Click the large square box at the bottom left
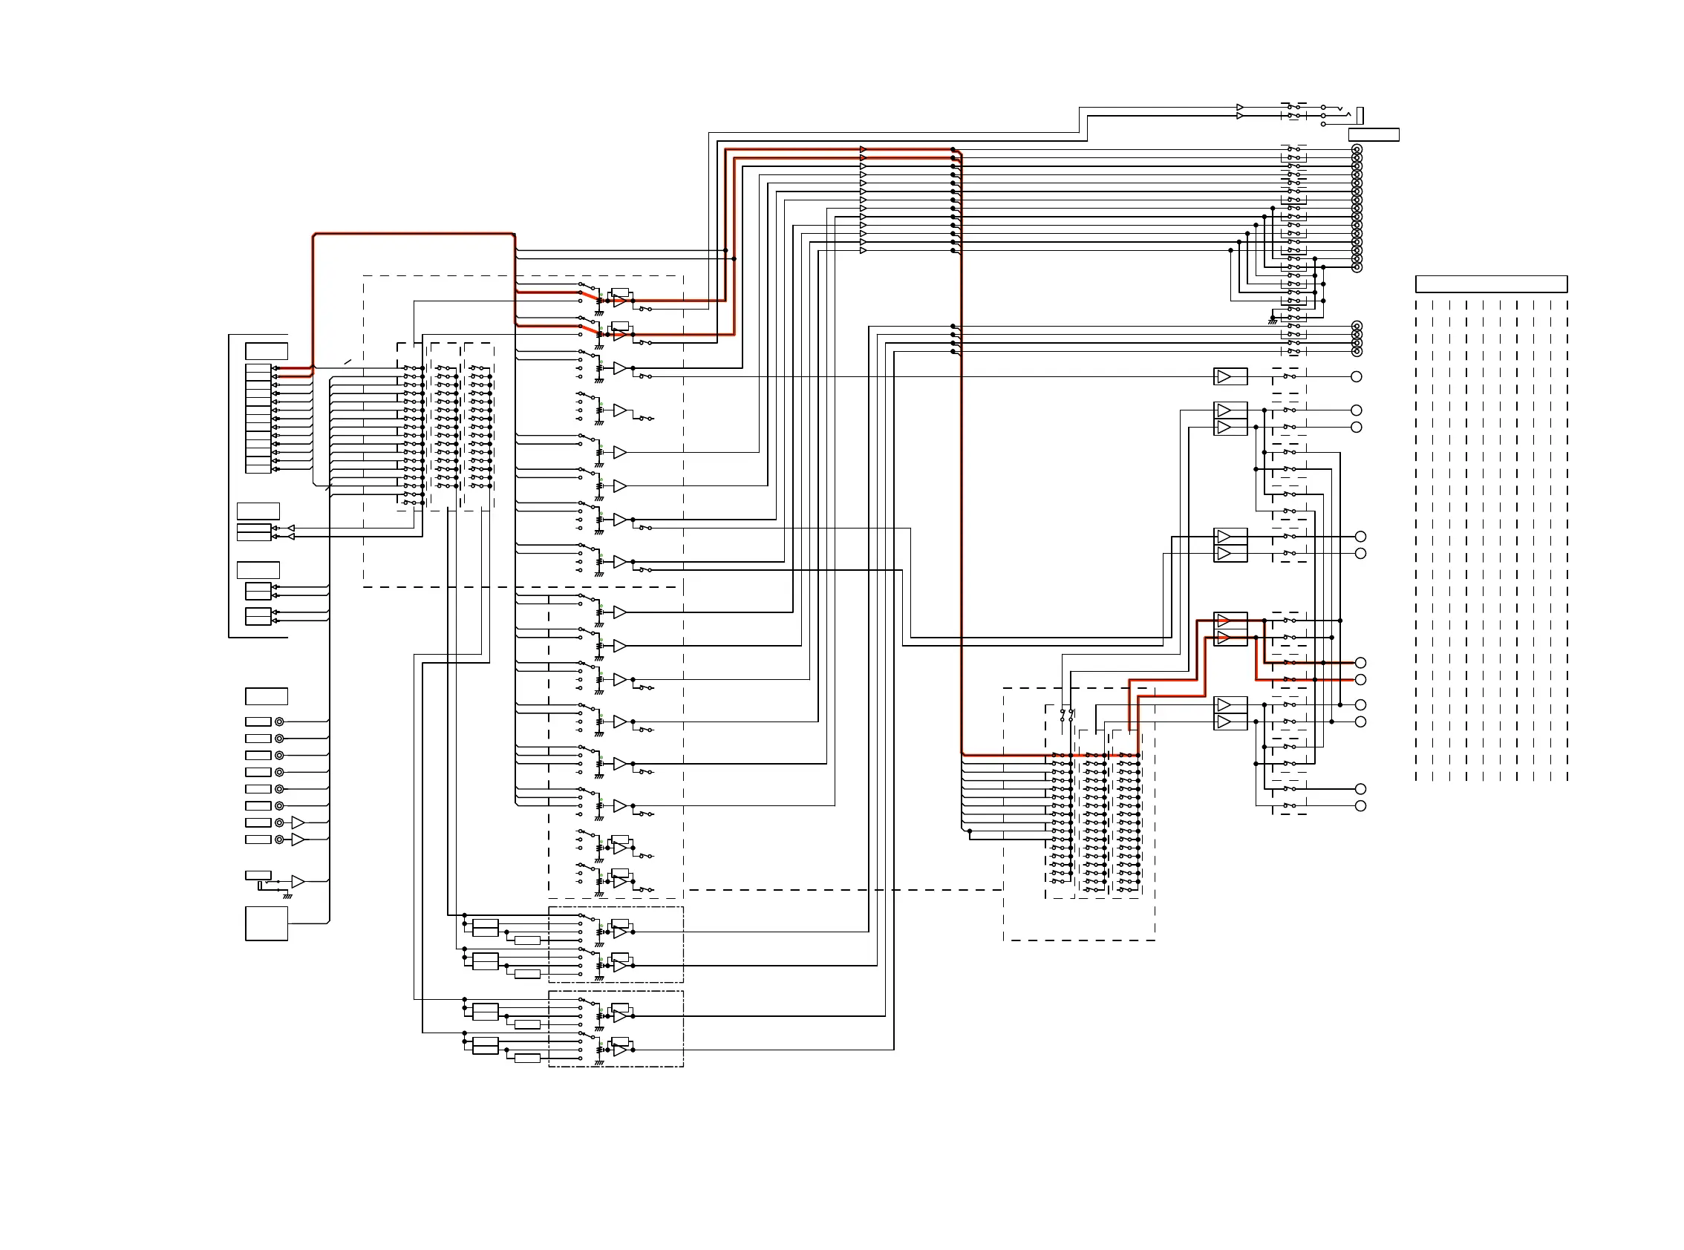coord(266,923)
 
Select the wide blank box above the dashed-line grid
coord(1490,284)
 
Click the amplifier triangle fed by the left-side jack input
coord(298,882)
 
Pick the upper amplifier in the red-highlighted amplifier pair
coord(1224,621)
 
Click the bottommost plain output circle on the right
coord(1360,806)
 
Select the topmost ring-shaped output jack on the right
coord(1357,150)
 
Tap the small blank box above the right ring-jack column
coord(1373,134)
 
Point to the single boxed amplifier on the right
coord(1230,376)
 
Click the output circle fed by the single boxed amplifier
coord(1357,376)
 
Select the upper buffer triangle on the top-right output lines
coord(1240,108)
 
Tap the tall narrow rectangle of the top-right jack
coord(1360,115)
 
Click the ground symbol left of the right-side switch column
coord(1272,321)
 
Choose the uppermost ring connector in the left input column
coord(279,721)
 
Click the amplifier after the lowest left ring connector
coord(298,840)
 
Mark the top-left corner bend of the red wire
coord(314,235)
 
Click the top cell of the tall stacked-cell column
coord(258,368)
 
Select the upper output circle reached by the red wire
coord(1360,663)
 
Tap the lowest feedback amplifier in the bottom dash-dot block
coord(620,1050)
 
